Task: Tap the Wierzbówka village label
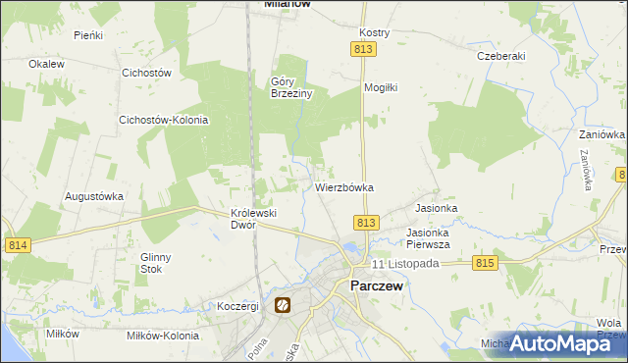tap(344, 186)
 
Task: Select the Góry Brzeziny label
tap(291, 88)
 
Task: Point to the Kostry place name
tap(375, 32)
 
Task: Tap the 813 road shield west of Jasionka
tap(366, 224)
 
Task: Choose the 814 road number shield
tap(17, 244)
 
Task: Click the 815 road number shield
tap(485, 263)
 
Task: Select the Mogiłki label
tap(380, 87)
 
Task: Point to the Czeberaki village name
tap(500, 56)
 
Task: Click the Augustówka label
tap(94, 196)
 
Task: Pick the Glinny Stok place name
tap(156, 263)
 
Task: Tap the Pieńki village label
tap(88, 34)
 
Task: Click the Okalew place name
tap(46, 64)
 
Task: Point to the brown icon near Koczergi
tap(283, 306)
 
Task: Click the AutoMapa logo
tap(567, 343)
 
